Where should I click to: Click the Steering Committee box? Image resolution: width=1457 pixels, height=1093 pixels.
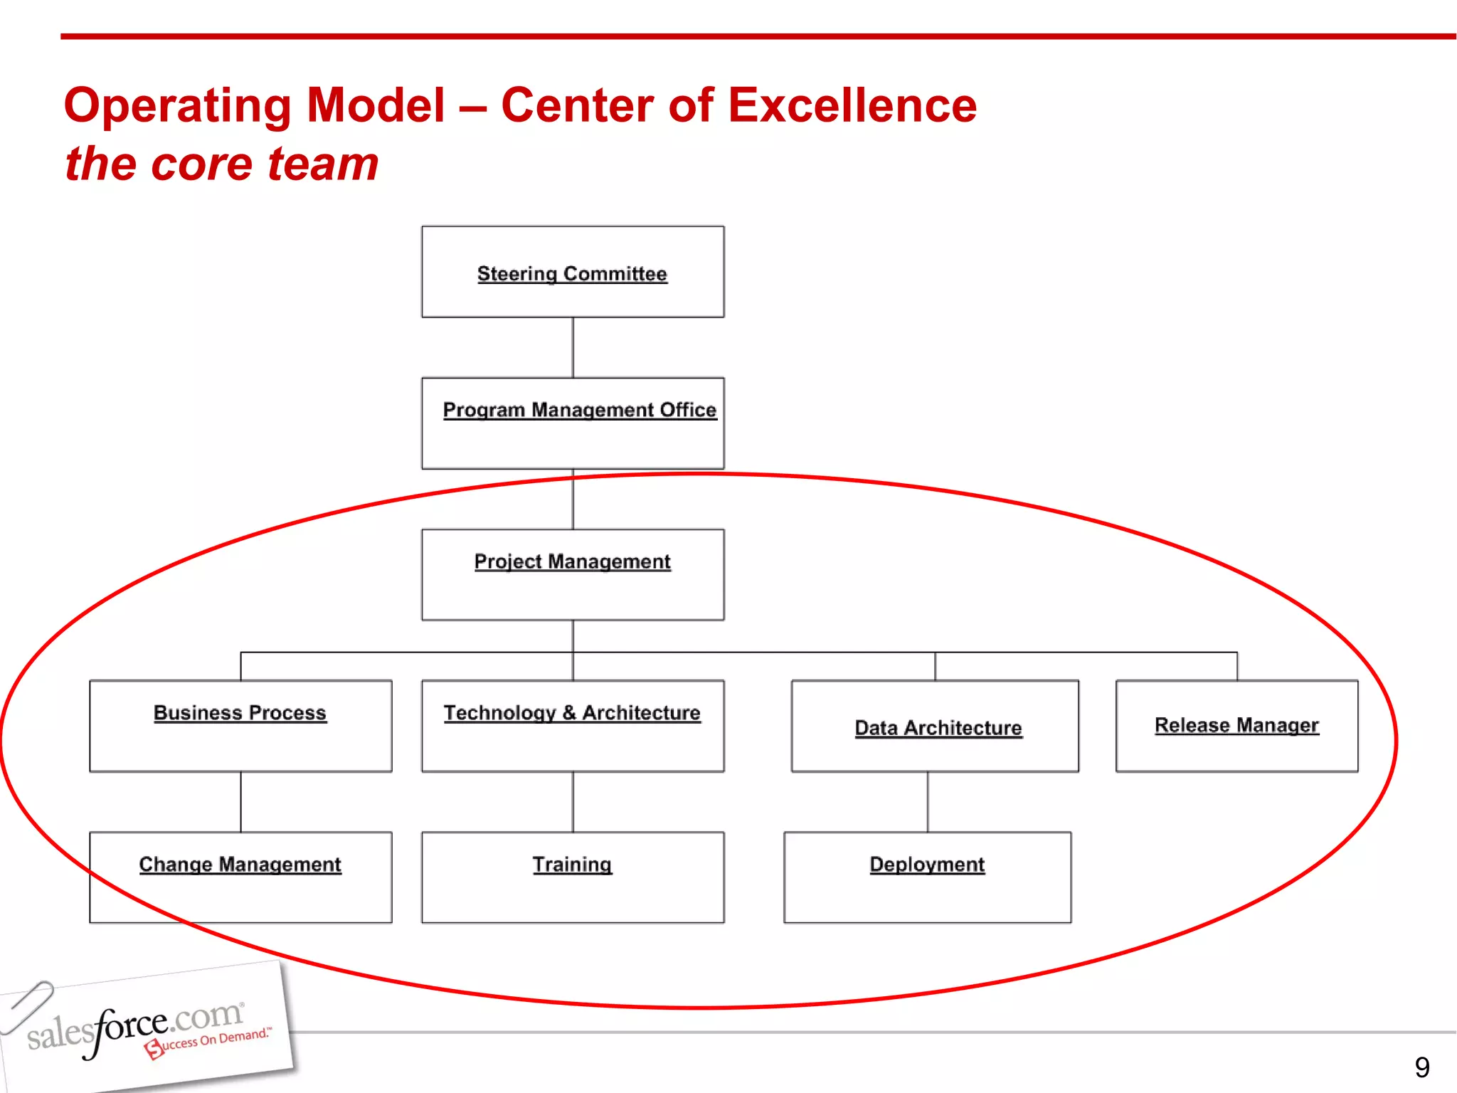point(573,272)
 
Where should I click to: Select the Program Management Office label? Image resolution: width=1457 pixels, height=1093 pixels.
point(579,410)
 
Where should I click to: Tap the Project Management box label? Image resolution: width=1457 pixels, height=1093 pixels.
point(572,561)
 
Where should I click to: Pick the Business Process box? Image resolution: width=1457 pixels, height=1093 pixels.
point(240,726)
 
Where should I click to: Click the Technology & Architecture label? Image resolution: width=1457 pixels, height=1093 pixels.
point(572,713)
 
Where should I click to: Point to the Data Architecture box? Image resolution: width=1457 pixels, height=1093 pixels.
point(935,726)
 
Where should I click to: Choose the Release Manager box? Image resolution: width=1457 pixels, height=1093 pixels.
point(1236,726)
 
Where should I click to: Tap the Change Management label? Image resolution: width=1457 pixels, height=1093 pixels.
point(240,865)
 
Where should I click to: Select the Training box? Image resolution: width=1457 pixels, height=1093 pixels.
point(573,877)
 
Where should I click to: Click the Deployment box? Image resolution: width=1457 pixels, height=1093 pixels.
point(927,877)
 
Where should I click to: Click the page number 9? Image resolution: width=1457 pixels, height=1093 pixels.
point(1421,1067)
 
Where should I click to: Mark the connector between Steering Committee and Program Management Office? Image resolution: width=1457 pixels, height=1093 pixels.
point(573,347)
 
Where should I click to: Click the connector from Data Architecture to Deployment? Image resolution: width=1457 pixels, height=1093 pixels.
point(927,802)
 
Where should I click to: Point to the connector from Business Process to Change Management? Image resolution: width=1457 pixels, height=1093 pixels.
point(240,802)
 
